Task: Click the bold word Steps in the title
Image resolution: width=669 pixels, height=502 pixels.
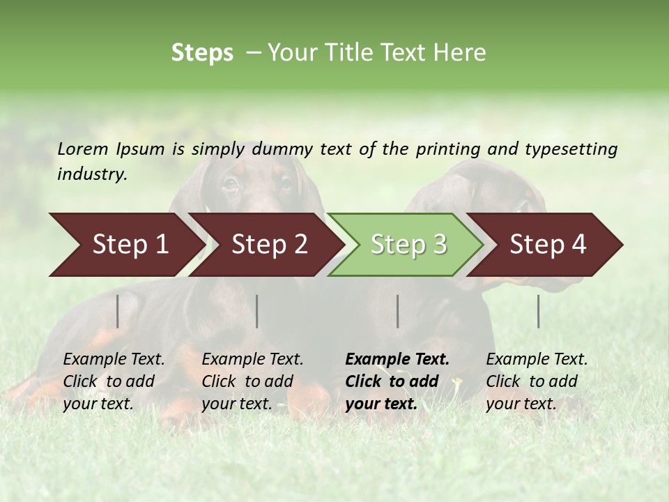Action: [x=202, y=53]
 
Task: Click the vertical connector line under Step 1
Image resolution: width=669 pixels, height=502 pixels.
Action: [x=118, y=311]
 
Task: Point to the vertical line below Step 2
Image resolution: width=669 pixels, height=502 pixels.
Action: [x=257, y=311]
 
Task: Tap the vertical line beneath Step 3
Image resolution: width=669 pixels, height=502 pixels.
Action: [x=397, y=311]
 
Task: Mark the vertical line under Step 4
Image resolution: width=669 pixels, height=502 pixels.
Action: [x=538, y=311]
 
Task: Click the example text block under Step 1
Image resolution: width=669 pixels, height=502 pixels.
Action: [x=114, y=381]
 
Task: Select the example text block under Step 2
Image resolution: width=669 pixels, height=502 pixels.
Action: [x=252, y=381]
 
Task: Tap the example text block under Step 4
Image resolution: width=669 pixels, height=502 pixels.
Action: [x=537, y=381]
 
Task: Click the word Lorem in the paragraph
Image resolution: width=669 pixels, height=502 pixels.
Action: [x=83, y=149]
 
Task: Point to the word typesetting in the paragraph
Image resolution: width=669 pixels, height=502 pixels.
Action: [x=571, y=149]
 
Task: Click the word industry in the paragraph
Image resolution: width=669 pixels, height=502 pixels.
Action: [x=92, y=174]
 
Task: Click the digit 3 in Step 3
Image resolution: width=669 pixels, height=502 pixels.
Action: [x=439, y=245]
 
